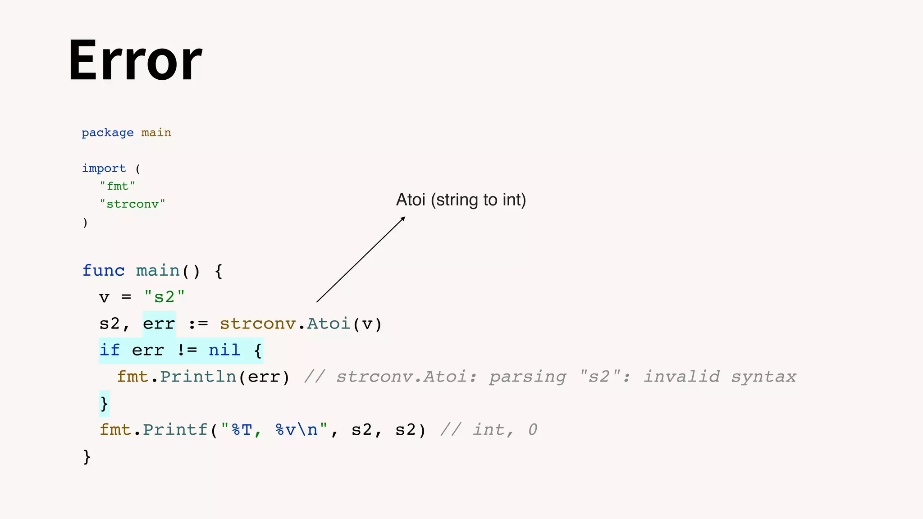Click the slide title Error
coord(135,61)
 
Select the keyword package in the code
coord(107,132)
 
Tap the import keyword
coord(104,168)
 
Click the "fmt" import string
coord(117,186)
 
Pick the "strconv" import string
coord(133,204)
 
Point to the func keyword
coord(103,271)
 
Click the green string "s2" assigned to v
coord(164,297)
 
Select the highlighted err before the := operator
coord(159,324)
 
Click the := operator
coord(198,324)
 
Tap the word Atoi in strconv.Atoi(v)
coord(329,324)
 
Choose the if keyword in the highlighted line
coord(110,350)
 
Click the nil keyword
coord(224,350)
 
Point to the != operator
coord(187,350)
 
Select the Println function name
coord(198,377)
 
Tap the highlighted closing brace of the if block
coord(104,403)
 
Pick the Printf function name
coord(175,430)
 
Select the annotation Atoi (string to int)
coord(461,200)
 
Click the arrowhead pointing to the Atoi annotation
coord(403,219)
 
